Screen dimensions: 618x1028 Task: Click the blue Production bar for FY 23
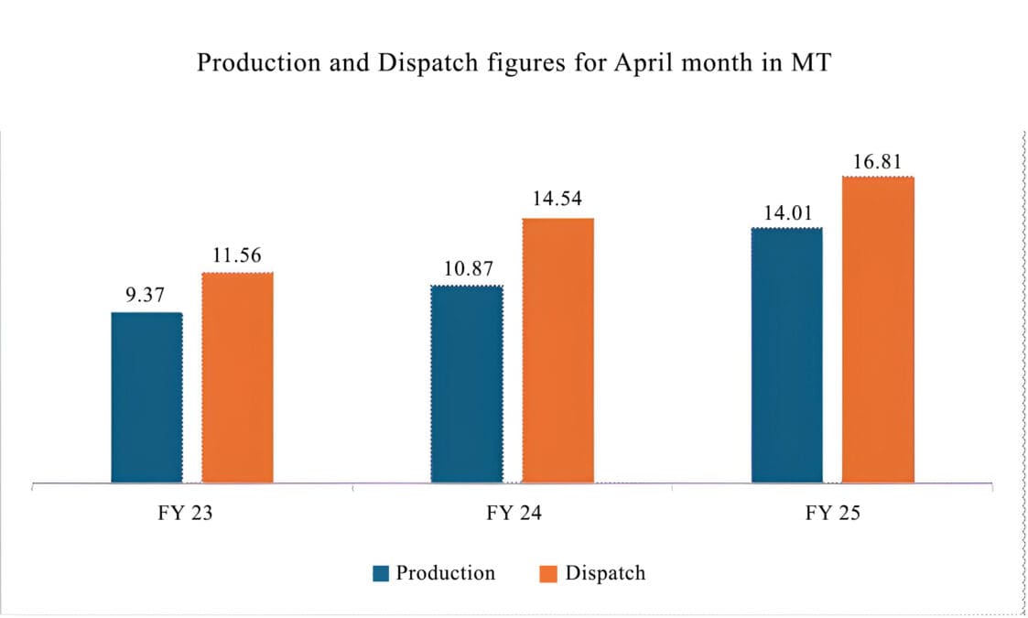[x=146, y=397]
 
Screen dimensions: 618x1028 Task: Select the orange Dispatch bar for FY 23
[x=237, y=377]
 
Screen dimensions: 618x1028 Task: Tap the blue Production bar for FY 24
[x=466, y=384]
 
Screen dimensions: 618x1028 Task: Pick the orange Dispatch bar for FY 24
[x=557, y=350]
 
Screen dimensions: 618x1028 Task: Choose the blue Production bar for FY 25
[x=786, y=354]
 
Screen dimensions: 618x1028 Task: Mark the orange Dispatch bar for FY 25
[x=878, y=329]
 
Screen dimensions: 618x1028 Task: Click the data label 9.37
[x=146, y=296]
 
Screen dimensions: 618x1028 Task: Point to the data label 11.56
[x=236, y=255]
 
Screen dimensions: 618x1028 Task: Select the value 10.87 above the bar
[x=466, y=269]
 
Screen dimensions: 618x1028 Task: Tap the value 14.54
[x=557, y=199]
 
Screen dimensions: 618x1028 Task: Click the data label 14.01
[x=787, y=211]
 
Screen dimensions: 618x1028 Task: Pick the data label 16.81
[x=877, y=162]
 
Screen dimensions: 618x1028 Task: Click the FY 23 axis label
[x=185, y=514]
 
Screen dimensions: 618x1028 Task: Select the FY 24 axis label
[x=513, y=514]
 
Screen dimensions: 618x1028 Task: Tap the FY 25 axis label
[x=832, y=514]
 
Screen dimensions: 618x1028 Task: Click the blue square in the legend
[x=381, y=574]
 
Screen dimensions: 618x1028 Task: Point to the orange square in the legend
[x=548, y=574]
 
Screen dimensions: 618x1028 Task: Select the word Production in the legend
[x=445, y=573]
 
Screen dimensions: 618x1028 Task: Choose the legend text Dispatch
[x=605, y=573]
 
